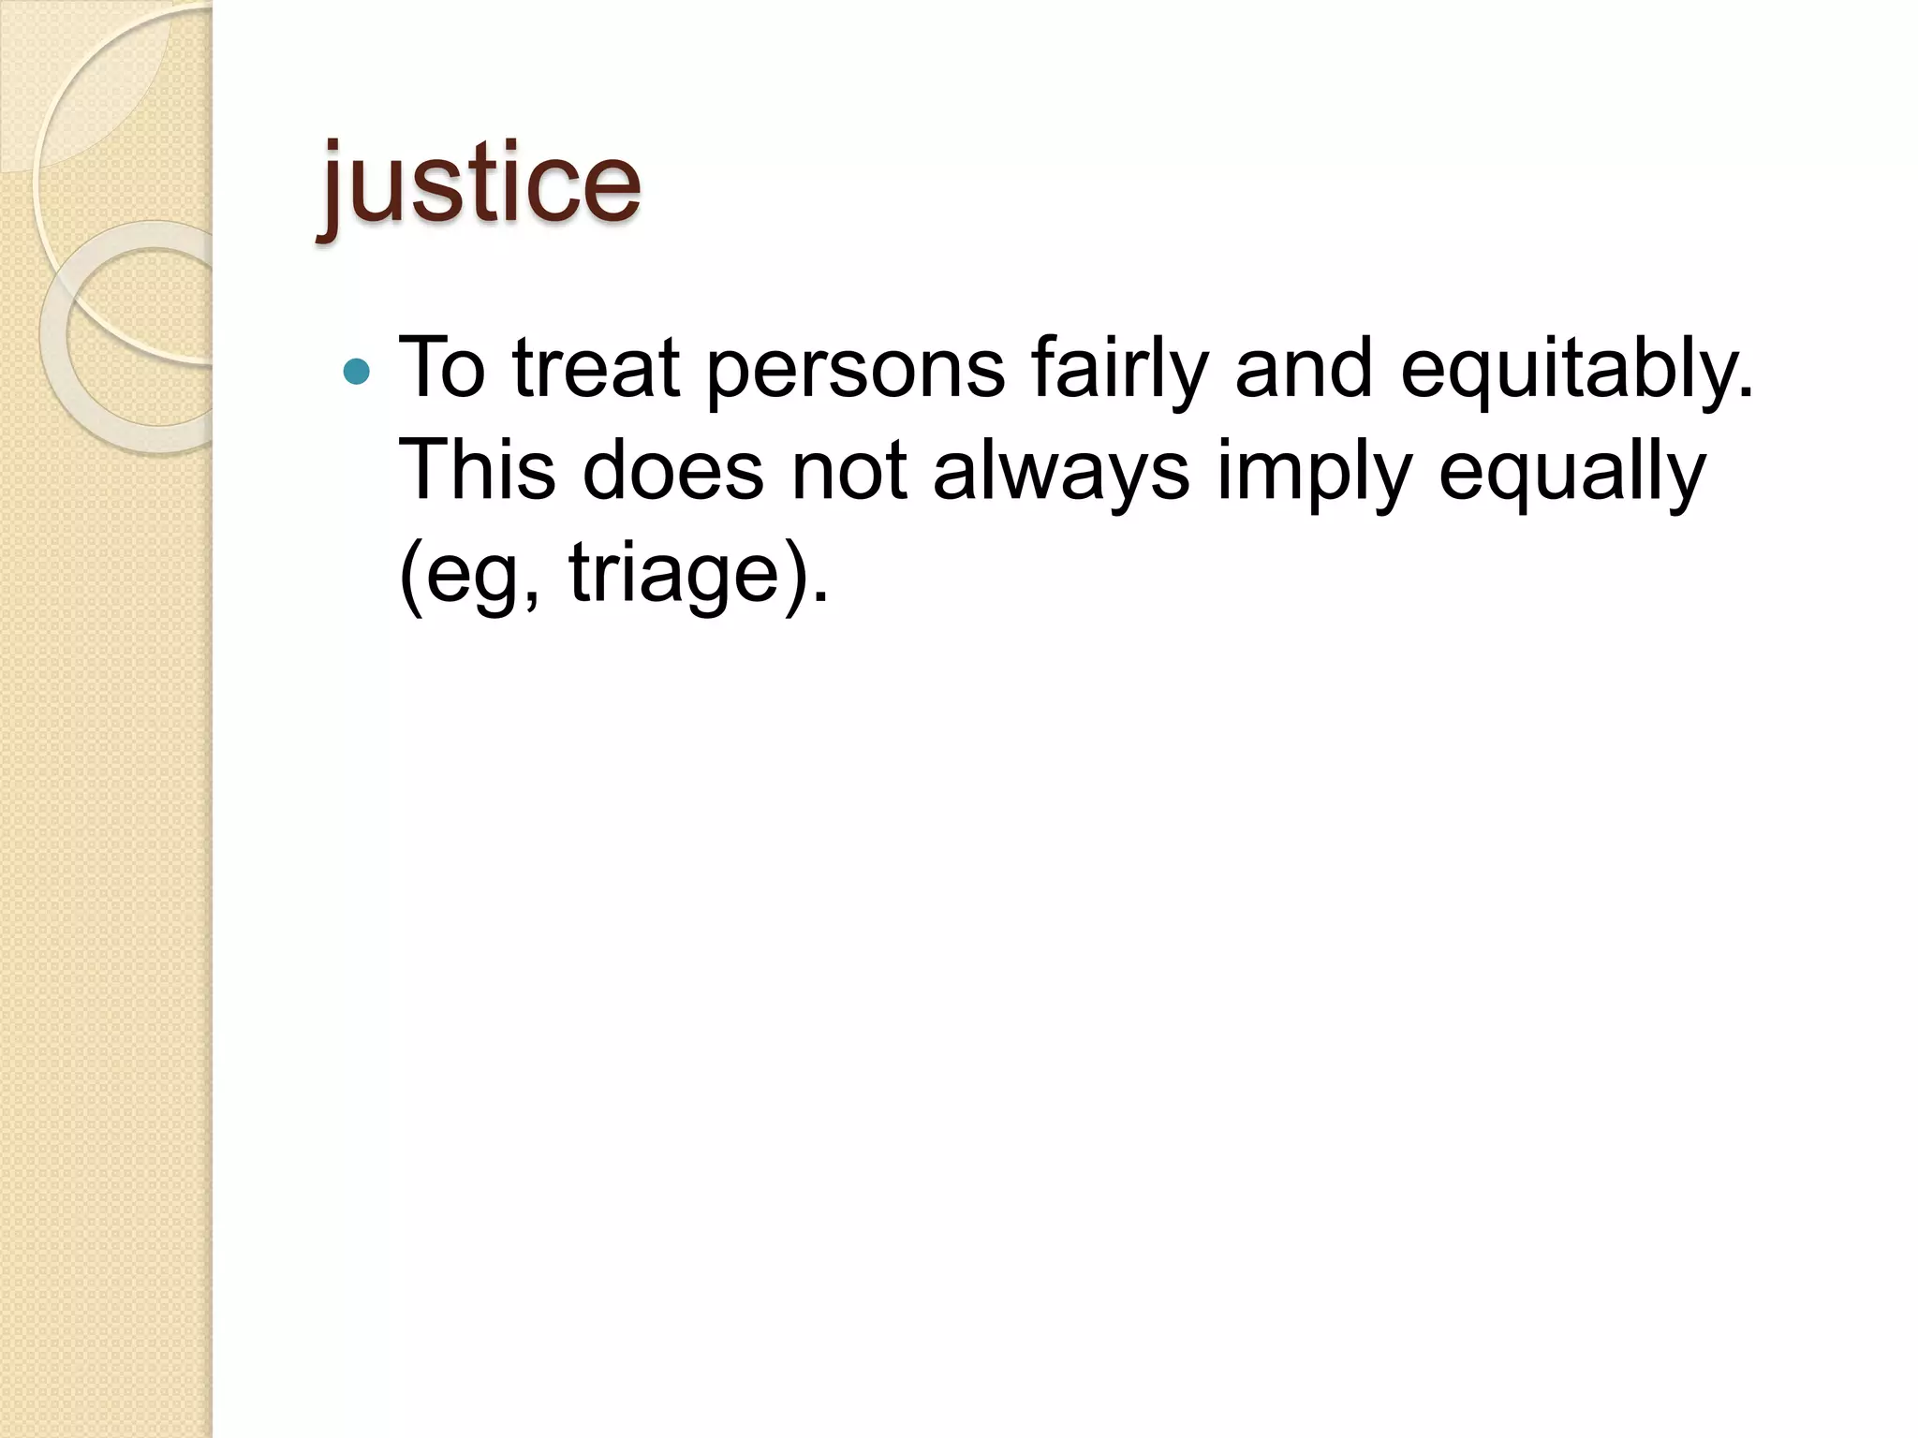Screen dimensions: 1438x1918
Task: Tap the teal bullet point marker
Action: point(357,373)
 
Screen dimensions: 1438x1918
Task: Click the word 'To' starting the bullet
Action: point(442,368)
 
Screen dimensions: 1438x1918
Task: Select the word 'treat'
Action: point(596,368)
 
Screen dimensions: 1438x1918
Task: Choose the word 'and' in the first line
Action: point(1305,368)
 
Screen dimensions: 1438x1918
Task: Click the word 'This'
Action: point(477,471)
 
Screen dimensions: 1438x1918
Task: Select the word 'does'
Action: point(672,471)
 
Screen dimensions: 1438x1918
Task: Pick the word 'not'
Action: point(848,471)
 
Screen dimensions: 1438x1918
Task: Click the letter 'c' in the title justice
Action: point(543,192)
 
